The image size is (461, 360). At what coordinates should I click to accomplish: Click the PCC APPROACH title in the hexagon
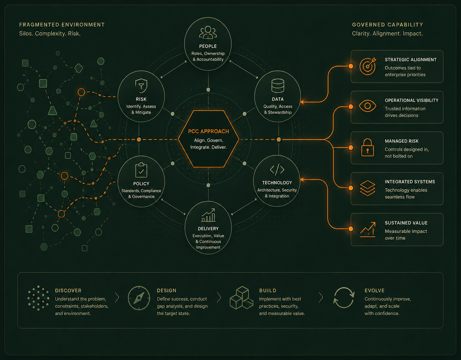[x=208, y=131]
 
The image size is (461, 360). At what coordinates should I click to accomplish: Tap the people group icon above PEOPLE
[x=208, y=32]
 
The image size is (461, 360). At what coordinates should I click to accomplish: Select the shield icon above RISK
[x=141, y=86]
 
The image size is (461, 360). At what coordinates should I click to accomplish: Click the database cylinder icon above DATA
[x=278, y=86]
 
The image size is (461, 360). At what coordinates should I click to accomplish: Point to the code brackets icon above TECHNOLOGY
[x=277, y=169]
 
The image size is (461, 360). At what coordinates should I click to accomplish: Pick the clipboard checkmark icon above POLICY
[x=141, y=170]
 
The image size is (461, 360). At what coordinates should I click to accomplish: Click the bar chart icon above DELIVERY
[x=208, y=215]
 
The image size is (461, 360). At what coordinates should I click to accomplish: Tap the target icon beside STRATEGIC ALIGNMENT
[x=368, y=66]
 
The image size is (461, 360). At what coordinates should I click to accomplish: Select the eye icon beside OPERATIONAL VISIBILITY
[x=367, y=106]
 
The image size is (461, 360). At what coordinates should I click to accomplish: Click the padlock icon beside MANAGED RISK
[x=367, y=147]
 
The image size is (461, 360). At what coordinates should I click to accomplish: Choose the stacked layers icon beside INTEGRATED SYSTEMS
[x=368, y=188]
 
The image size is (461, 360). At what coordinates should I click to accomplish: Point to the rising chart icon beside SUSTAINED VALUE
[x=368, y=230]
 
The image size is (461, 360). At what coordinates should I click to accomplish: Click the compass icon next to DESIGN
[x=139, y=298]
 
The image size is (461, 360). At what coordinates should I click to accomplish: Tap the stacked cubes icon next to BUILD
[x=241, y=298]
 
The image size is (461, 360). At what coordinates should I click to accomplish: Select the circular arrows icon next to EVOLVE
[x=344, y=298]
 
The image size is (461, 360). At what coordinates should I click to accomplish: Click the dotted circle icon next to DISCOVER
[x=38, y=298]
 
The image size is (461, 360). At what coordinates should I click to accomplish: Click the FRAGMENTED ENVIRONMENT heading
[x=62, y=25]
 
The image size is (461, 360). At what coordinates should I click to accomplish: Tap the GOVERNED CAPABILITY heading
[x=388, y=25]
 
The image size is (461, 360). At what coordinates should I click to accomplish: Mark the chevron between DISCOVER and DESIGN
[x=117, y=297]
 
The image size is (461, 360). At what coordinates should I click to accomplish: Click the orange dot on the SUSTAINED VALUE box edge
[x=351, y=229]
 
